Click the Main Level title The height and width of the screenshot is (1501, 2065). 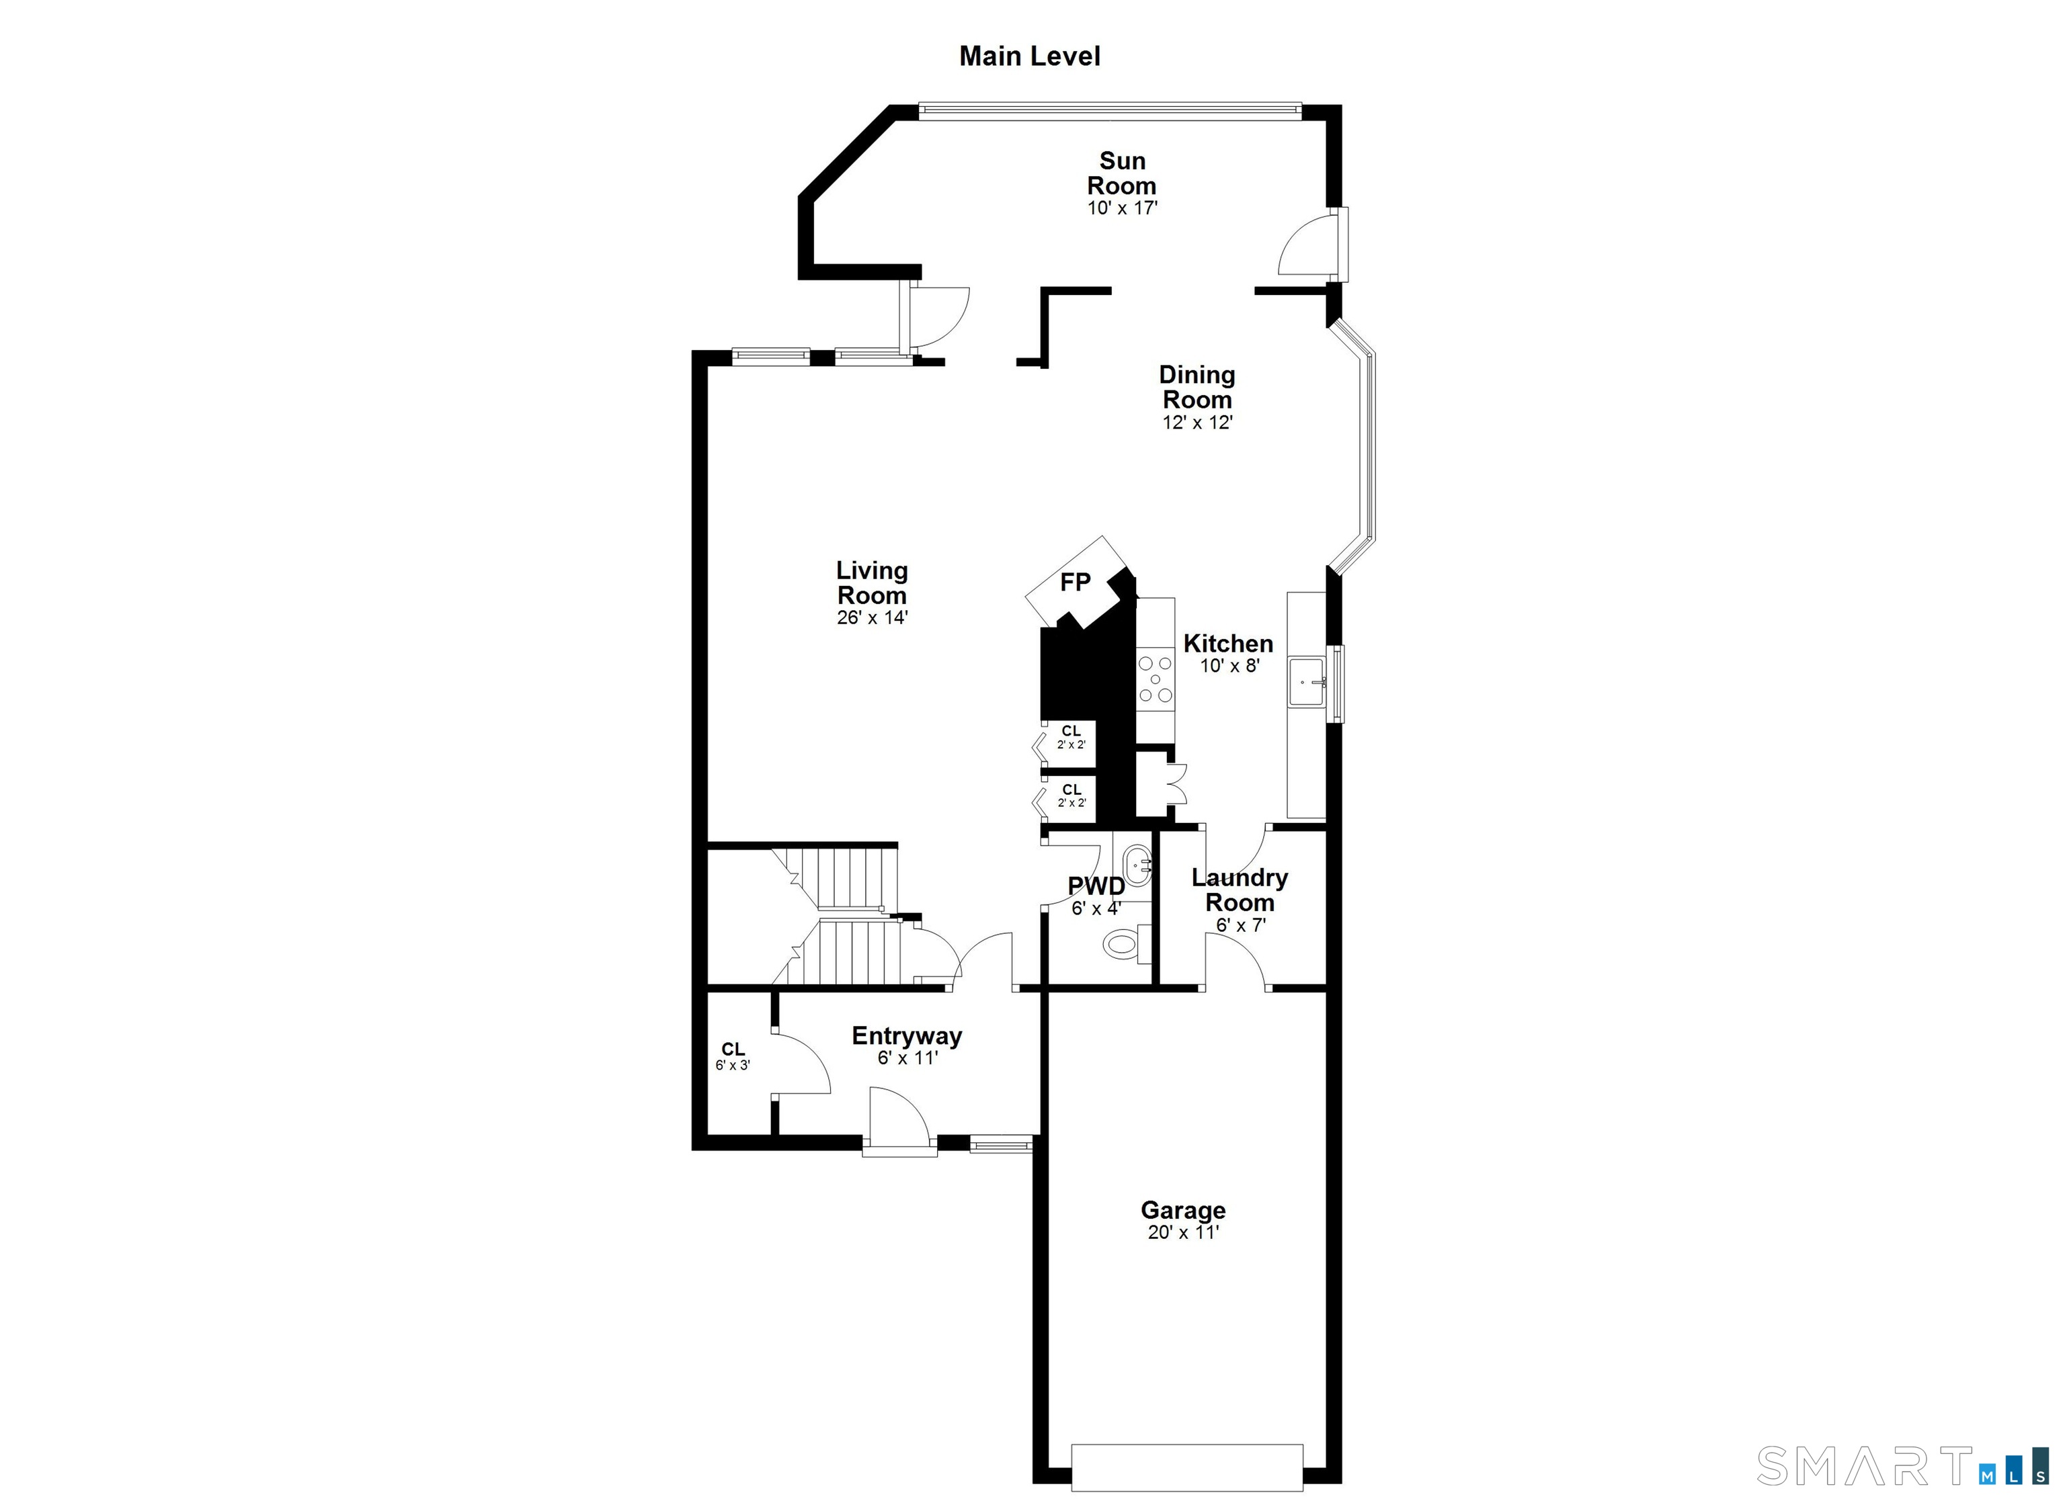point(1030,56)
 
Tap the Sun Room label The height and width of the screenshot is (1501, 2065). point(1122,173)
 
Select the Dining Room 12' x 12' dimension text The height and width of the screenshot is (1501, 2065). point(1197,423)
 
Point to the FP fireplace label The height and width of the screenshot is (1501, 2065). point(1076,583)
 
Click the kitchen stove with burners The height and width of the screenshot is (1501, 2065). point(1156,679)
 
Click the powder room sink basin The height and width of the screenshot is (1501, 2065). point(1137,861)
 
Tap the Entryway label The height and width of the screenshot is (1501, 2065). point(907,1036)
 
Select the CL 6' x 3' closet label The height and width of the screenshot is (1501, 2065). point(733,1056)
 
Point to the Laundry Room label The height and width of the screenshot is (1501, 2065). point(1240,890)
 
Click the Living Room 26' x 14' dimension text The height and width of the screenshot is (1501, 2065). point(873,618)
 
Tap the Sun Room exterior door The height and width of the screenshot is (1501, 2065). point(1312,244)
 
